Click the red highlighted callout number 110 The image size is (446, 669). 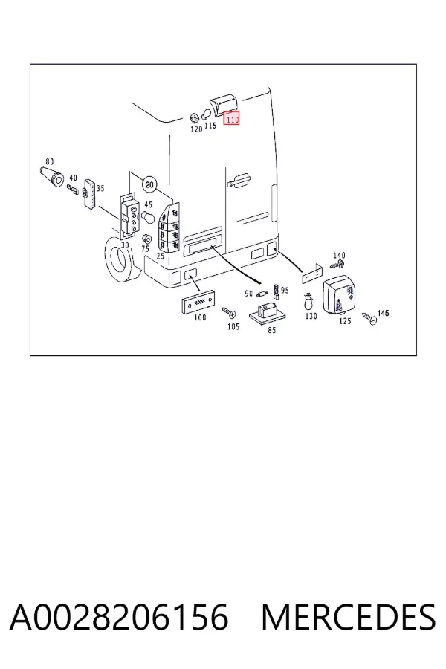(x=232, y=119)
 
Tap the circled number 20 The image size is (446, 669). (x=149, y=185)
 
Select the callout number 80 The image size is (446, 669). (x=50, y=162)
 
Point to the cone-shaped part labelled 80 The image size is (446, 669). (x=53, y=177)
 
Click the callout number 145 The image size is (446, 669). (x=384, y=313)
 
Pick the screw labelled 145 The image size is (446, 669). (x=370, y=318)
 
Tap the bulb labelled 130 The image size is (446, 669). (x=308, y=303)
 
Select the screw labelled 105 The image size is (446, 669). (x=228, y=313)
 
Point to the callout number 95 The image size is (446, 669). (x=285, y=290)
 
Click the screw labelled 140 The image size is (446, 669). (x=337, y=264)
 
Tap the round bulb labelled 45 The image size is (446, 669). (x=148, y=217)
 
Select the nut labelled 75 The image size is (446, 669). (x=145, y=239)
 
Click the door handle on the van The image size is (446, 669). (x=239, y=180)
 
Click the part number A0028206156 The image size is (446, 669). (x=119, y=617)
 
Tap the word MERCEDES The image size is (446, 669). (x=349, y=617)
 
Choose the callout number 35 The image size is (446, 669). (x=100, y=188)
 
